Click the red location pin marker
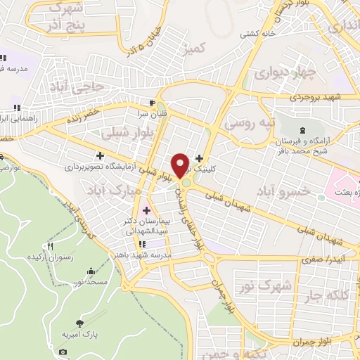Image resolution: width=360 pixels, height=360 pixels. coord(181,165)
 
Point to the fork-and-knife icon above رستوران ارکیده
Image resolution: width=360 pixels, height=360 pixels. coord(50,246)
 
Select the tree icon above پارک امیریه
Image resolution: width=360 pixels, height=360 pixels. coord(79,323)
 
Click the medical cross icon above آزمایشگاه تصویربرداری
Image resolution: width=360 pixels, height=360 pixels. coord(100,155)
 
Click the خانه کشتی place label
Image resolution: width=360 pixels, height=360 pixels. coord(258,34)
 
